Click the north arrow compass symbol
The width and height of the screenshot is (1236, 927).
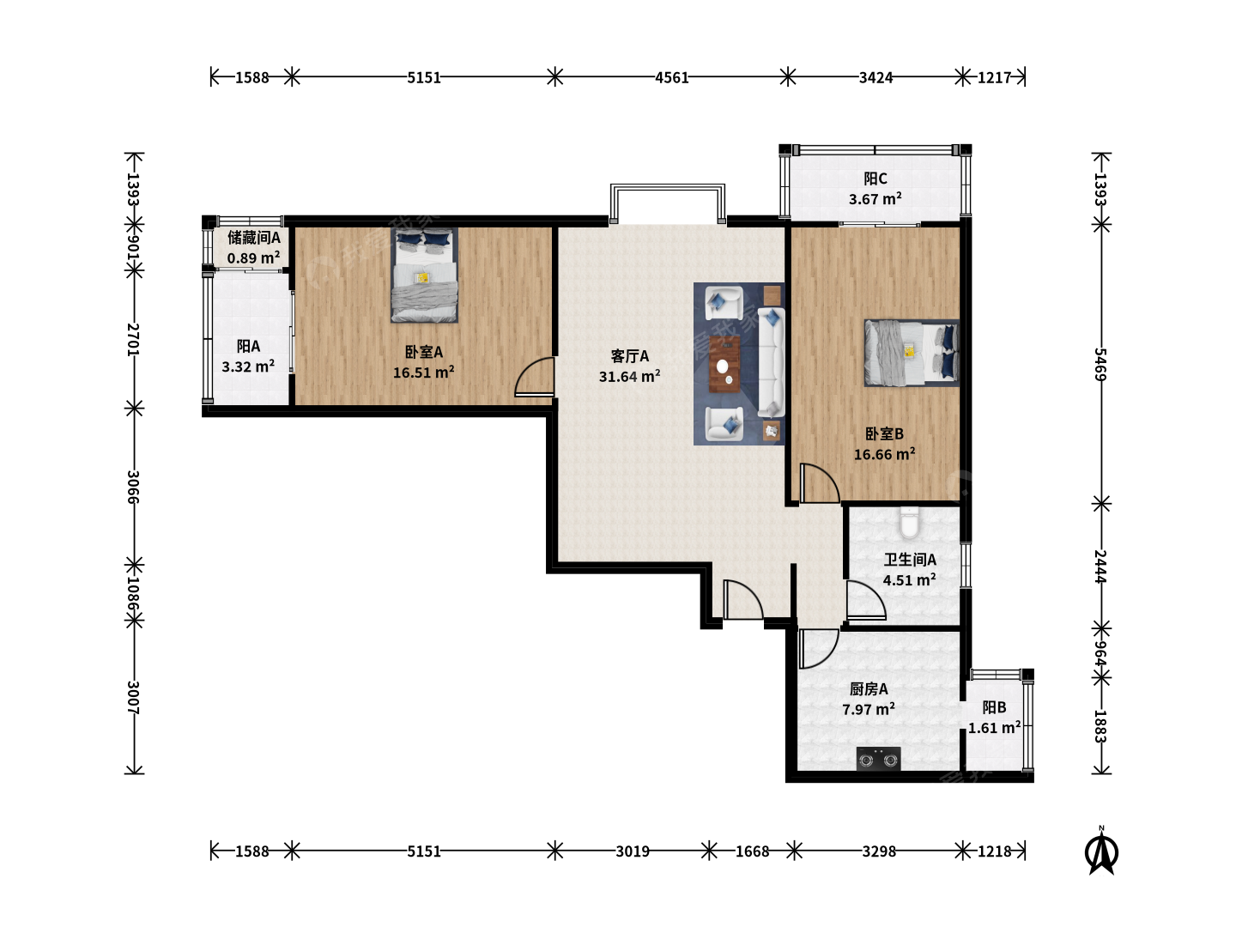coord(1101,851)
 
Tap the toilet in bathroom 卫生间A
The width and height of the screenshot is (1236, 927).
coord(908,523)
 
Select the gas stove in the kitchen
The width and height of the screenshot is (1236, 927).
coord(878,759)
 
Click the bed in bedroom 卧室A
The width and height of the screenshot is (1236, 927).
coord(424,276)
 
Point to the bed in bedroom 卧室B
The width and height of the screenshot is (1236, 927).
coord(911,353)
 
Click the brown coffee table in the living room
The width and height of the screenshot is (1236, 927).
coord(724,364)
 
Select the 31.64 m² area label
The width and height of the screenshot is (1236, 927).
coord(629,376)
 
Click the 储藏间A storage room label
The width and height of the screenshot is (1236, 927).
coord(254,238)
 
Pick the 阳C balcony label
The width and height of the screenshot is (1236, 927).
coord(875,179)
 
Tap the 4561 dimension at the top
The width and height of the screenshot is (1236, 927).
coord(671,77)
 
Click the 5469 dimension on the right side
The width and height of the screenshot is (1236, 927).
coord(1100,364)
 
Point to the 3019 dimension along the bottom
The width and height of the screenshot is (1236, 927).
coord(632,851)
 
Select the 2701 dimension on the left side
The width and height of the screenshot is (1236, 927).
coord(132,339)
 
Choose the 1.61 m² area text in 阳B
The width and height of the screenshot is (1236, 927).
coord(994,727)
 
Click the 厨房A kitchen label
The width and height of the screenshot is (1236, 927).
coord(869,688)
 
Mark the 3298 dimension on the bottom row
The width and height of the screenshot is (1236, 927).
coord(878,851)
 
